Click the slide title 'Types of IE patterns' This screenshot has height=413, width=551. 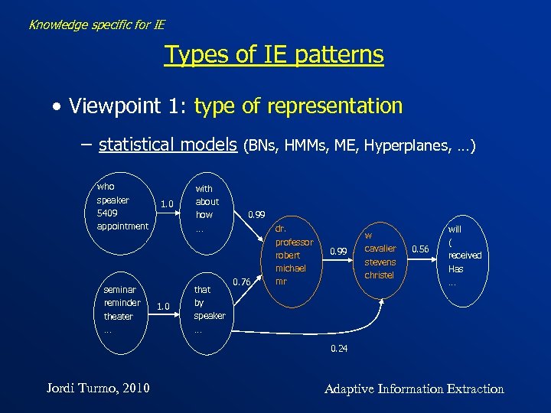click(274, 55)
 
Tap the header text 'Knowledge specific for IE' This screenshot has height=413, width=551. click(96, 24)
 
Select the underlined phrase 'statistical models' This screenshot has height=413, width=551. click(168, 144)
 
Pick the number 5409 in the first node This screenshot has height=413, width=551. click(108, 213)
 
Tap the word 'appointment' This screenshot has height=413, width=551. click(122, 226)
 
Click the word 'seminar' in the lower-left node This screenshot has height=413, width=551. click(120, 289)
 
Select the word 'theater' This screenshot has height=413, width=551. click(119, 316)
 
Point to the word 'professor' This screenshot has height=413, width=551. click(295, 242)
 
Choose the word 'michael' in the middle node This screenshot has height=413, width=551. click(291, 268)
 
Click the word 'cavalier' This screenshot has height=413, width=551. click(380, 249)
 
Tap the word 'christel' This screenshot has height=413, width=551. click(380, 275)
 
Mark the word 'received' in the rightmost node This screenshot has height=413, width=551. click(465, 255)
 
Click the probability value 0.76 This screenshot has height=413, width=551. click(242, 282)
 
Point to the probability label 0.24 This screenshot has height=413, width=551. click(339, 349)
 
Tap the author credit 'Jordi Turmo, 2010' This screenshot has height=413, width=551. click(96, 389)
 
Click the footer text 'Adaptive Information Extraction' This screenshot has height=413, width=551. click(414, 389)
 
